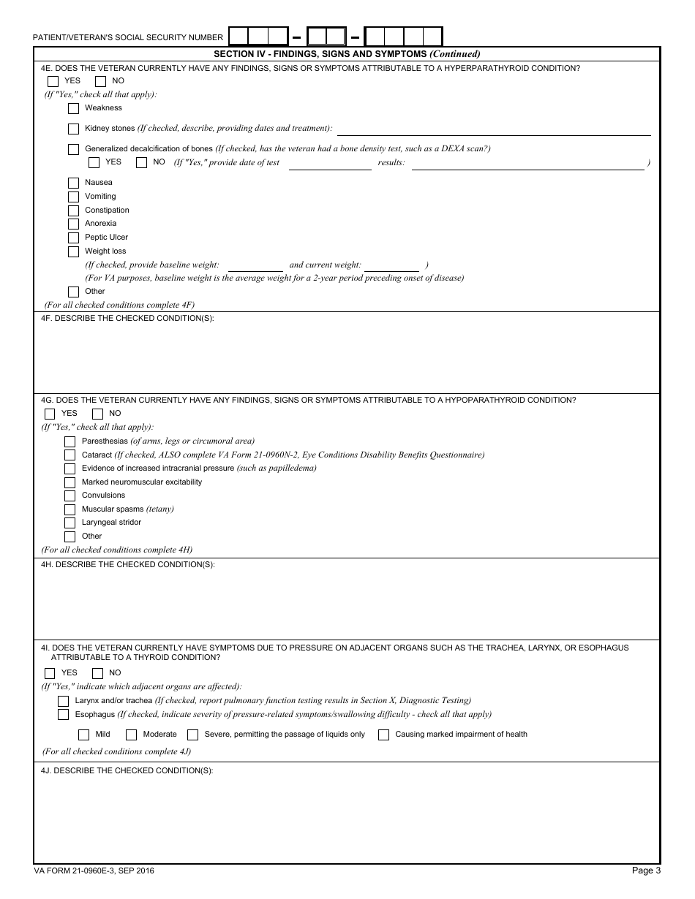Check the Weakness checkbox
tap(73, 108)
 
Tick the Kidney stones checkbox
tap(73, 129)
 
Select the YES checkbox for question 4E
tap(53, 81)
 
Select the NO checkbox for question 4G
tap(97, 414)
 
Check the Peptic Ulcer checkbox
tap(73, 238)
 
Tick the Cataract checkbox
tap(69, 455)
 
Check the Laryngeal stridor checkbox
tap(69, 523)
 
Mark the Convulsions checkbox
tap(69, 496)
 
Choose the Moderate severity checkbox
tap(132, 735)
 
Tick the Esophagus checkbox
tap(63, 715)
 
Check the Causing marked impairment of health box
tap(383, 735)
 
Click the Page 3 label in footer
tap(646, 870)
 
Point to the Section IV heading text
tap(347, 54)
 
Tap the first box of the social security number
tap(238, 37)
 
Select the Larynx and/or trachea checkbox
tap(63, 701)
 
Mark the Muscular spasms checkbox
tap(69, 509)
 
